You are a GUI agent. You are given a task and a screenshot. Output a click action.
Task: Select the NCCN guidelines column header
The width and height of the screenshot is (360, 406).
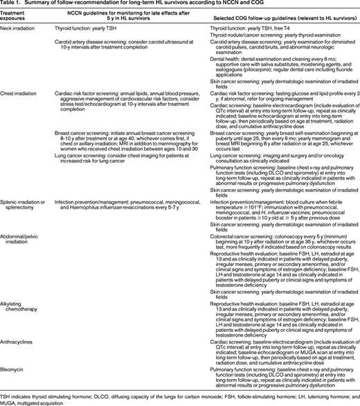(x=123, y=14)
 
